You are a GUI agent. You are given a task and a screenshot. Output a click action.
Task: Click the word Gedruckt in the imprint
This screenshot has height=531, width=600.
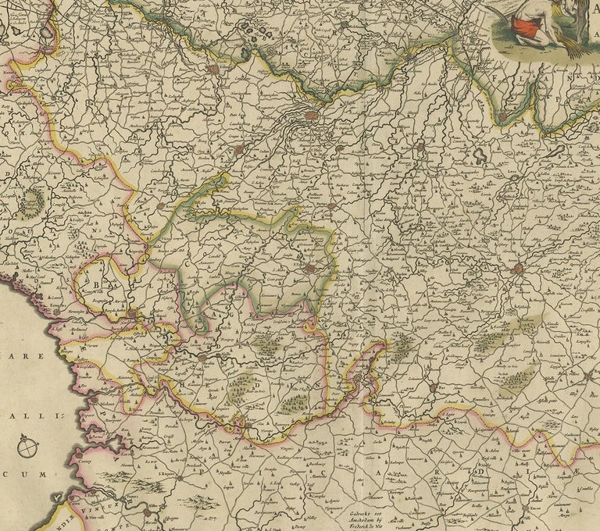(371, 512)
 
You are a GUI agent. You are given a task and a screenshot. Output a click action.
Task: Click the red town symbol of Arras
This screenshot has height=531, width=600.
(517, 269)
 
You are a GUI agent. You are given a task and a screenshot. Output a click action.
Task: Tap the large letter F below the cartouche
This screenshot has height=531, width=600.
(500, 79)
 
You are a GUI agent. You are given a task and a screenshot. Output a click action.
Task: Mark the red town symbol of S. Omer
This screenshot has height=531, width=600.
(213, 69)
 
